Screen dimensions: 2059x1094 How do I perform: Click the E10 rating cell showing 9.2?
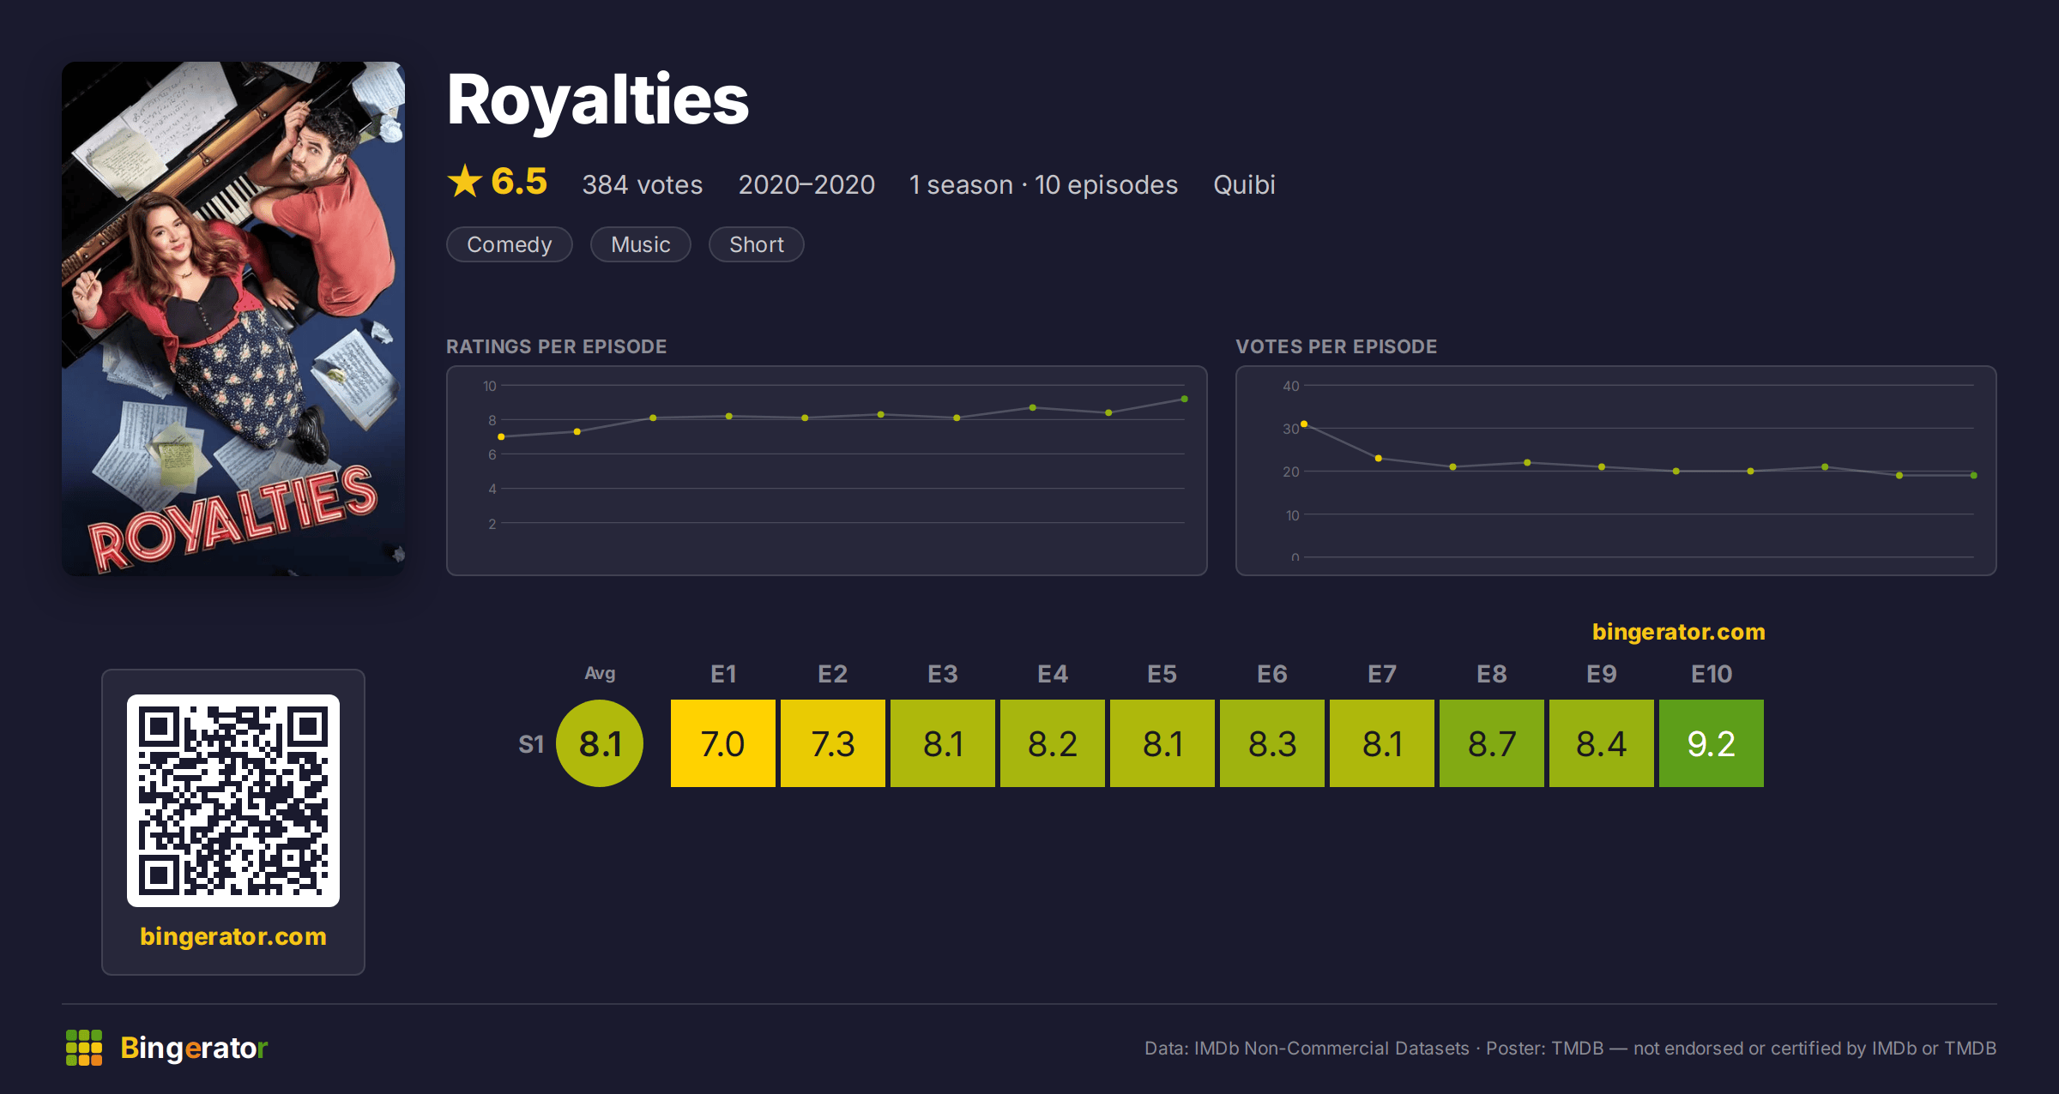(1712, 743)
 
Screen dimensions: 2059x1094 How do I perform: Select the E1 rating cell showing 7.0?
(723, 743)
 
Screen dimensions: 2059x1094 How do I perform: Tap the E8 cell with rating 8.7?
(1492, 743)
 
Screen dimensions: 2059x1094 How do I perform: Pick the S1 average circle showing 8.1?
(600, 743)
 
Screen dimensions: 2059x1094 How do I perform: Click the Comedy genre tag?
(510, 244)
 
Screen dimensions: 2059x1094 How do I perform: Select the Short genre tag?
(757, 244)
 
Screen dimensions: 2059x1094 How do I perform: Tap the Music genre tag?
(641, 244)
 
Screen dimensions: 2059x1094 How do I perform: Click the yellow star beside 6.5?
(465, 181)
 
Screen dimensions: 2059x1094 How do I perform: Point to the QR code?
(233, 801)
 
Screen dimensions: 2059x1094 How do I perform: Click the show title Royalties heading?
(598, 100)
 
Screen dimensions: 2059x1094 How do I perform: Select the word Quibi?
(1244, 185)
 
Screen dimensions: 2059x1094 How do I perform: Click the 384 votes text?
(643, 185)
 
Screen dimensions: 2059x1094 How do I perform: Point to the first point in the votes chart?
(1304, 424)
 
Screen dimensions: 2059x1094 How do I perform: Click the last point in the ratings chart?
(1185, 400)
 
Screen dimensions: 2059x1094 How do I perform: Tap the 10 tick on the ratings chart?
(489, 386)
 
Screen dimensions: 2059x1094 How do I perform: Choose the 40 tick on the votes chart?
(1291, 386)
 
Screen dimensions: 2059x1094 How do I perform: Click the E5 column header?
(1162, 674)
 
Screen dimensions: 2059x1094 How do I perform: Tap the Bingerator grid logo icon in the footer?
(84, 1048)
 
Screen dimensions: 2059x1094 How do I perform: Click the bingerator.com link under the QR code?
(233, 936)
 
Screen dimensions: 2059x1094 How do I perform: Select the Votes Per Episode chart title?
(1337, 346)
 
